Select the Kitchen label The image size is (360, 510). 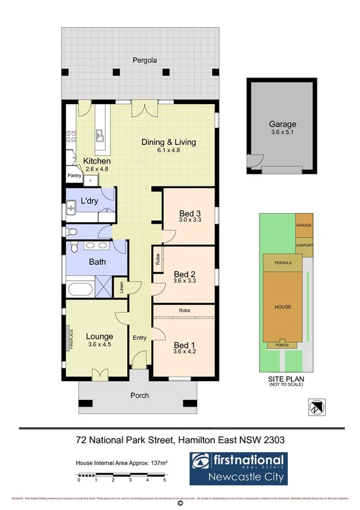pos(96,161)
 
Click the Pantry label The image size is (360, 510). pos(75,176)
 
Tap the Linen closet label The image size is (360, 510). pos(121,288)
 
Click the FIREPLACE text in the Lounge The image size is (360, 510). pos(70,340)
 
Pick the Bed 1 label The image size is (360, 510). pos(183,344)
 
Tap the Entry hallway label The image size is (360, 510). pos(139,337)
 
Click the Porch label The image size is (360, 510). pos(139,395)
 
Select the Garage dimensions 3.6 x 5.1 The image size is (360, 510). pos(282,134)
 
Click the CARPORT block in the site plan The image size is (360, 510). pos(304,245)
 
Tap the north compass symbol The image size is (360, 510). pos(316,407)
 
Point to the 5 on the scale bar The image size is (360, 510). pos(165,480)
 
